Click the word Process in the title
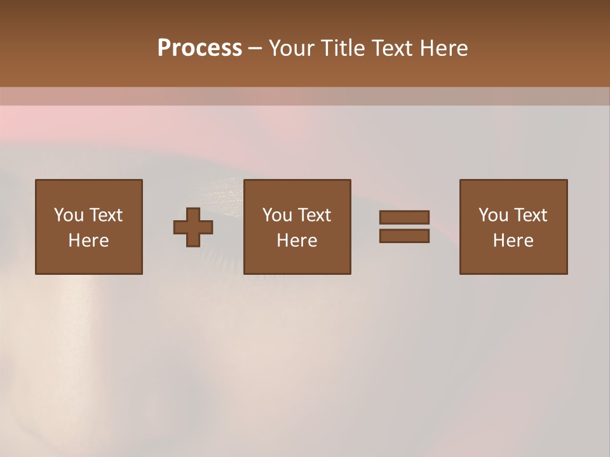(x=200, y=48)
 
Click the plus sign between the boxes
(x=193, y=227)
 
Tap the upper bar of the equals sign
(x=404, y=218)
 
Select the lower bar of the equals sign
(x=404, y=236)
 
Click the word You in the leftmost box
(x=67, y=215)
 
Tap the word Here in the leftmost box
(x=88, y=241)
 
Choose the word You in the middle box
(x=276, y=215)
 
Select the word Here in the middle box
(x=297, y=241)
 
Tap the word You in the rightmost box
(x=492, y=215)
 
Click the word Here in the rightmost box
(x=513, y=241)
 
